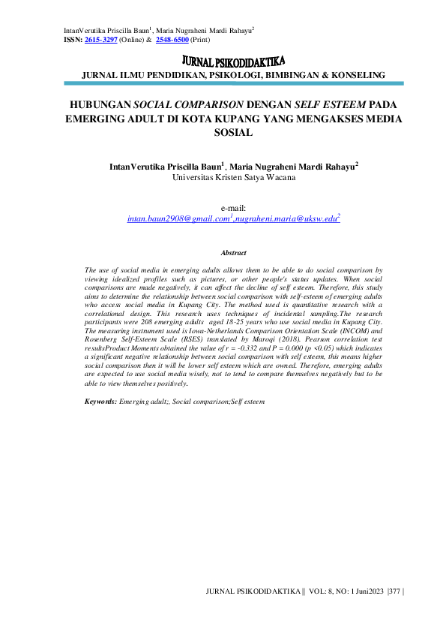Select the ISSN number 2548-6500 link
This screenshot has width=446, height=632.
coord(172,39)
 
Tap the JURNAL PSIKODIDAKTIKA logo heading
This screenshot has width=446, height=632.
coord(233,60)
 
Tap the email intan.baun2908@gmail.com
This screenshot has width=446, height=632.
coord(178,218)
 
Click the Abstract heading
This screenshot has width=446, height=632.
coord(233,253)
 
